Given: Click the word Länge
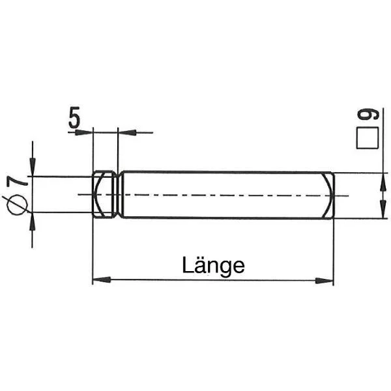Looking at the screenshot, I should coord(213,265).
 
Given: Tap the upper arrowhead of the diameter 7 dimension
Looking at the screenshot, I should coord(32,169).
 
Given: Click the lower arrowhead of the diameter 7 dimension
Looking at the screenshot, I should coord(32,220).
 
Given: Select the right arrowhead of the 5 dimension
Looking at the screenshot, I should coord(126,132).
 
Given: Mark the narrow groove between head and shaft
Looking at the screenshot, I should coord(119,194).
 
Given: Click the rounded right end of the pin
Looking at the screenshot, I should coord(330,195).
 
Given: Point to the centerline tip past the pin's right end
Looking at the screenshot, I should coord(346,195).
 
